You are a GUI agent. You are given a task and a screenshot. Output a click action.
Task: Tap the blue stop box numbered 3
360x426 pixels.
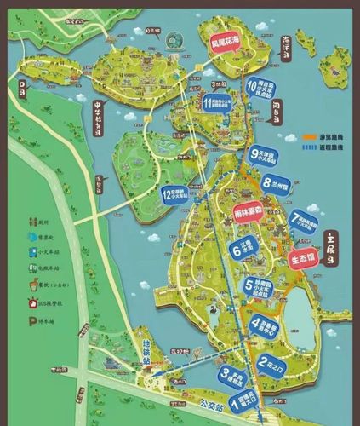235,376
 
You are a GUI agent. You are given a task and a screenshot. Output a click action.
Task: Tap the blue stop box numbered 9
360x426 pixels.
266,156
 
